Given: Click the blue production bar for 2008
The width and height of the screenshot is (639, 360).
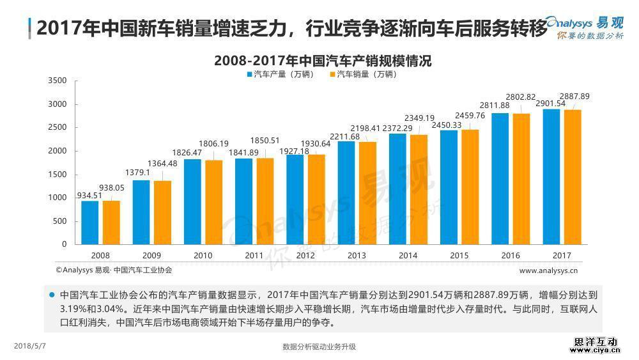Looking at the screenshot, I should (x=90, y=223).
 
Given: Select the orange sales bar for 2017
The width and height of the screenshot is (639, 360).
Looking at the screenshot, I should (x=572, y=177).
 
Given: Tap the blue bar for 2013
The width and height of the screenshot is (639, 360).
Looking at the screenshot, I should (x=346, y=192).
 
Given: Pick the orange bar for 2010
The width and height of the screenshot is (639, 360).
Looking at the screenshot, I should (x=214, y=202).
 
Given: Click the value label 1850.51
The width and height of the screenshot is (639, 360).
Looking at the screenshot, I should (x=265, y=141).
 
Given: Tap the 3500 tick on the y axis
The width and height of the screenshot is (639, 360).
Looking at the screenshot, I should (x=58, y=81).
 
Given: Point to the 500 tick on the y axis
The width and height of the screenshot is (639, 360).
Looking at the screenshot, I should (x=60, y=221).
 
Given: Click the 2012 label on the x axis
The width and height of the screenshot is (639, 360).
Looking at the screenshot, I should (x=305, y=256).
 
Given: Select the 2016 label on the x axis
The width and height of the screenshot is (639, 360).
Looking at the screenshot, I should (x=510, y=256).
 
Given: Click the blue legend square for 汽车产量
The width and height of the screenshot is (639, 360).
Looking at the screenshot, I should (x=249, y=74).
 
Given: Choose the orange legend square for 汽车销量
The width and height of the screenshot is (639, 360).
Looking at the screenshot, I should (x=332, y=74).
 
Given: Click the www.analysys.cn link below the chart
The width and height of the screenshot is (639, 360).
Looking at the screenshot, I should (x=548, y=270).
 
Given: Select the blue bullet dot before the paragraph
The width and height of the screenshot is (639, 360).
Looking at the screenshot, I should (x=51, y=295).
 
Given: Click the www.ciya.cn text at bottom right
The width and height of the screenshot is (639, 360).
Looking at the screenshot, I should (x=596, y=350).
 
